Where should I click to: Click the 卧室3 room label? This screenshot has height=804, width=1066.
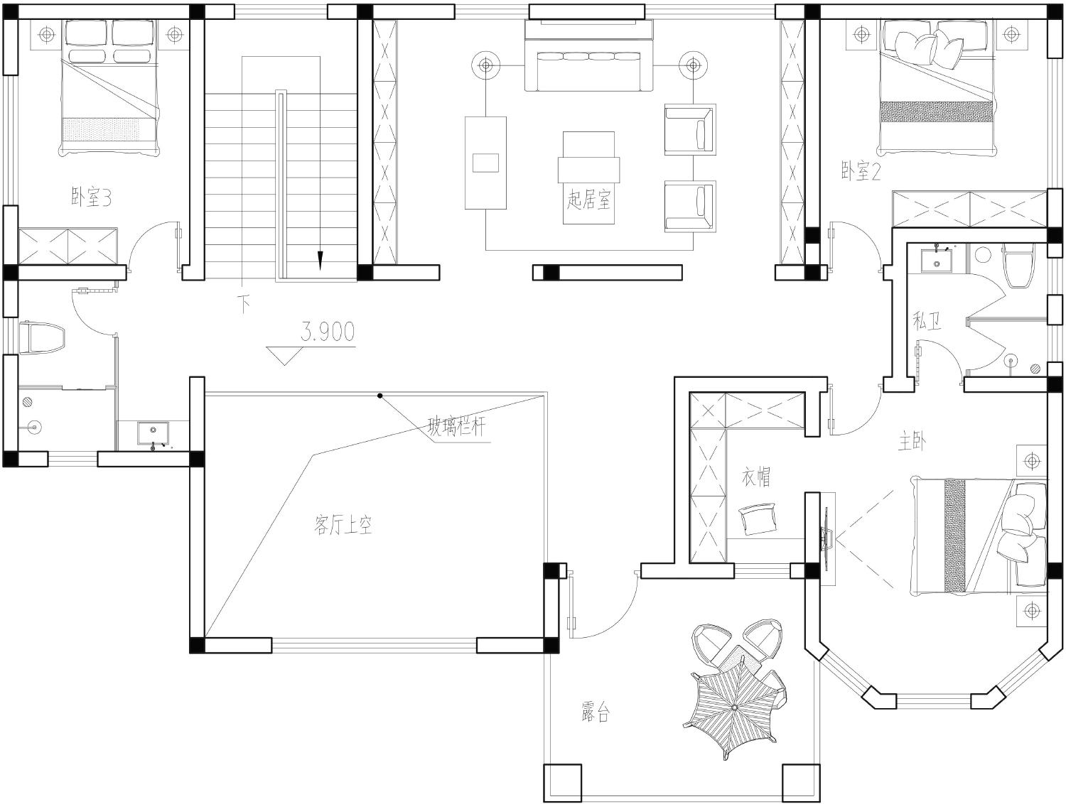pos(91,197)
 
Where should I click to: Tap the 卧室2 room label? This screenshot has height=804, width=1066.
pos(861,171)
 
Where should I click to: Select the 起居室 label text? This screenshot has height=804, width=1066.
pos(588,200)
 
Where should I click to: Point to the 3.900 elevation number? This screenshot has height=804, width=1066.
pos(328,332)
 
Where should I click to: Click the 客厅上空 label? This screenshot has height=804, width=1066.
pos(343,524)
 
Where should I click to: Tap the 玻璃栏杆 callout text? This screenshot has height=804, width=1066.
pos(456,426)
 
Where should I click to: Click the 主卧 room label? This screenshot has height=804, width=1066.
pos(912,442)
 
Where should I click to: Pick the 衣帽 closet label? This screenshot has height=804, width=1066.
pos(756,477)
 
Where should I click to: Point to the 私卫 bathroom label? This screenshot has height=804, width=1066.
pos(927,321)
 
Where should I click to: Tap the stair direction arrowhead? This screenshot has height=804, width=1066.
pos(320,261)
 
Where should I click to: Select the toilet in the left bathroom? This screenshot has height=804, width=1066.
pos(42,337)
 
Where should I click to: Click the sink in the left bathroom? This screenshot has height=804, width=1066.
pos(153,433)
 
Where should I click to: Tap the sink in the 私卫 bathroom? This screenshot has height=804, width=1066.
pos(936,261)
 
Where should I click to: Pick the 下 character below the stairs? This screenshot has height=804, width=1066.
pos(244,304)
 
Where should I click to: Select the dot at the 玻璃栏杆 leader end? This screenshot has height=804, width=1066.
pos(380,396)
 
